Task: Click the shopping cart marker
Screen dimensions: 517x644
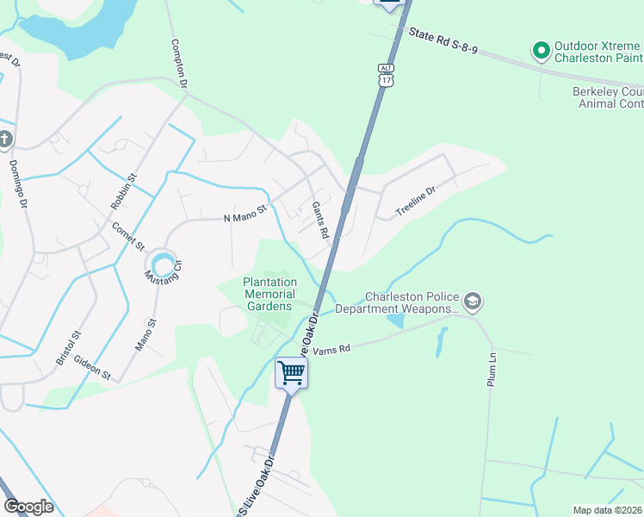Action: pyautogui.click(x=291, y=373)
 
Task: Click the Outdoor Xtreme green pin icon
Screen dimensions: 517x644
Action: pyautogui.click(x=542, y=51)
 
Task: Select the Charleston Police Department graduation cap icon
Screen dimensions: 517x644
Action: pyautogui.click(x=472, y=302)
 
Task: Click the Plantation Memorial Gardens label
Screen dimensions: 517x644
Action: pyautogui.click(x=269, y=294)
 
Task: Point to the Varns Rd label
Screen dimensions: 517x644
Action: pyautogui.click(x=332, y=349)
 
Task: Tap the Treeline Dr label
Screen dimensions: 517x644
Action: pyautogui.click(x=418, y=201)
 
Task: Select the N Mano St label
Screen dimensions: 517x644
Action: pyautogui.click(x=245, y=213)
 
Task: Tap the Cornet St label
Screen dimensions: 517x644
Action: pyautogui.click(x=128, y=237)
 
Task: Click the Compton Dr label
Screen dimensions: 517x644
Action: pyautogui.click(x=179, y=65)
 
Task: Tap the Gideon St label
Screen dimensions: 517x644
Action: pyautogui.click(x=92, y=368)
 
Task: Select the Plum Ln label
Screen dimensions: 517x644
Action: pyautogui.click(x=492, y=369)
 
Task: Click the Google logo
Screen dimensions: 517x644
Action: pyautogui.click(x=28, y=507)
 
